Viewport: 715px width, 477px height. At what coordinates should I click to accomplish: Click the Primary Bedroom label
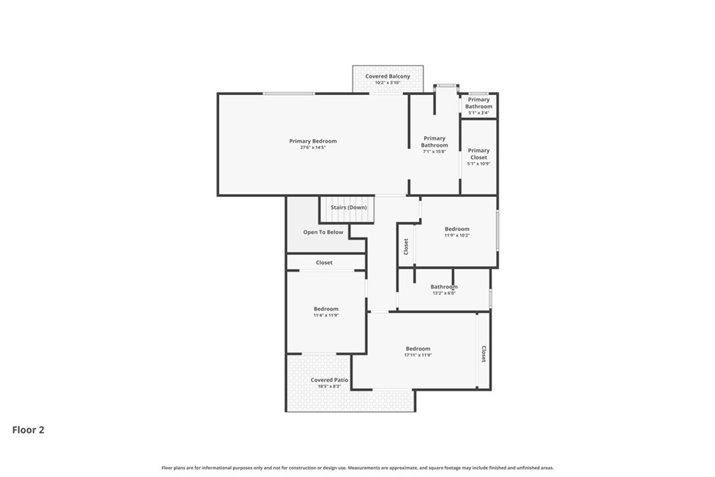coord(313,141)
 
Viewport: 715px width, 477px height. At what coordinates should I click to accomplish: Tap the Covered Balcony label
coord(388,76)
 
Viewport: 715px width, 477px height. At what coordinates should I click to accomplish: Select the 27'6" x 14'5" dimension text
coord(313,148)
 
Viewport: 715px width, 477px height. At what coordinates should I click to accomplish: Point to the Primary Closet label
coord(478,154)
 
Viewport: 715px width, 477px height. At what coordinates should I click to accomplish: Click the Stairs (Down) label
coord(348,207)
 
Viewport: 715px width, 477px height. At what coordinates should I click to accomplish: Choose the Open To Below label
coord(323,232)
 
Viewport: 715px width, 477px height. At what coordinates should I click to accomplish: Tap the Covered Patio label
coord(329,380)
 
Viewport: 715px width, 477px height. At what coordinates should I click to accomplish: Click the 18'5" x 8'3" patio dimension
coord(329,386)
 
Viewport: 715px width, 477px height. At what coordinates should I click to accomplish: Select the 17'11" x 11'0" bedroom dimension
coord(418,355)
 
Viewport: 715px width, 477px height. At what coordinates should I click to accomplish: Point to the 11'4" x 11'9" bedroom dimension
coord(325,316)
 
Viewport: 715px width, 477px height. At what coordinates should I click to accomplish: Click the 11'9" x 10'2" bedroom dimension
coord(457,235)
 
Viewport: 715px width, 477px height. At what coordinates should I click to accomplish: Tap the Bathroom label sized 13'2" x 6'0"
coord(443,286)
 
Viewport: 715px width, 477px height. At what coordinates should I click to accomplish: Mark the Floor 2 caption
coord(29,430)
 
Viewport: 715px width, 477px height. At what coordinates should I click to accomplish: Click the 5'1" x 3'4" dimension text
coord(478,112)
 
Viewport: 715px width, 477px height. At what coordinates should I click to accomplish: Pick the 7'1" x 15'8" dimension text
coord(434,152)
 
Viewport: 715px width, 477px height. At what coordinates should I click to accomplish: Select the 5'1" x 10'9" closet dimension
coord(478,164)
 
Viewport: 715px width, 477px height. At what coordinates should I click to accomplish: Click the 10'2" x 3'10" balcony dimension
coord(388,83)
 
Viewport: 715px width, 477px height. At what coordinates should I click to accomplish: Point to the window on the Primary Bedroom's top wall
coord(288,94)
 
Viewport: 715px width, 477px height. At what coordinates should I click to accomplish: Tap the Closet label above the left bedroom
coord(324,263)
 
